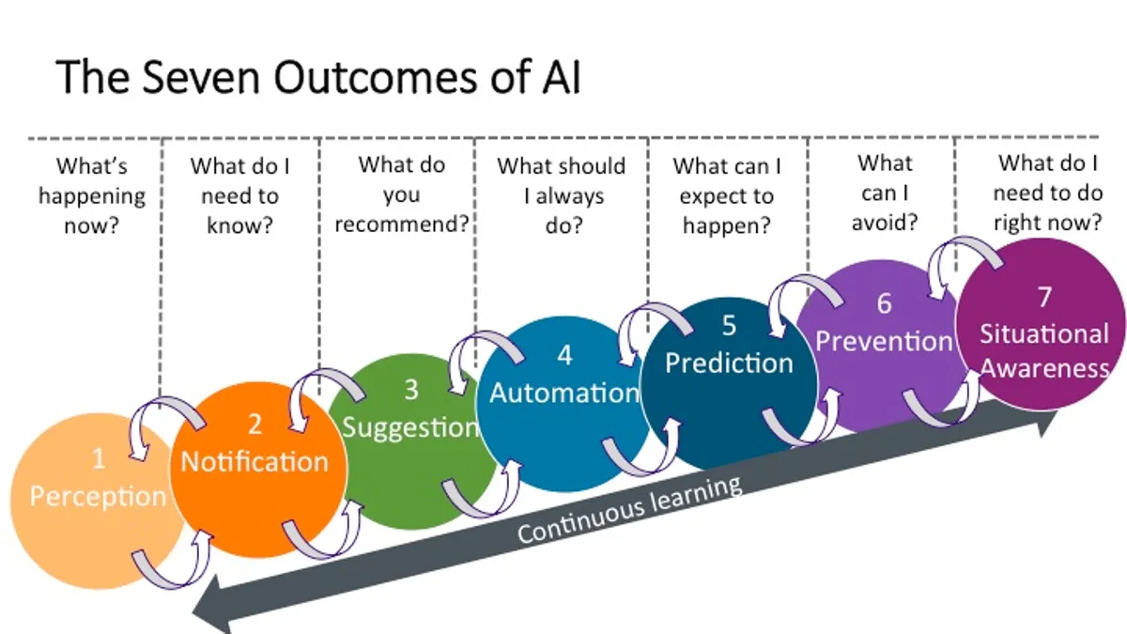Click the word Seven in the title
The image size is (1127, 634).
201,77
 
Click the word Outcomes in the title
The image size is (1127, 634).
375,77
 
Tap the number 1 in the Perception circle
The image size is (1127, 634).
99,459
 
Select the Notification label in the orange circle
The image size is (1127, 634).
255,462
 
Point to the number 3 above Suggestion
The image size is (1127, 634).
411,390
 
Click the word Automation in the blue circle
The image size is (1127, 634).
564,393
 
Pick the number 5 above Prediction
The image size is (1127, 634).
729,326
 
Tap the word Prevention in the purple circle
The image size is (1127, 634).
884,342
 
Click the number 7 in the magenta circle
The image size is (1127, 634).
1045,297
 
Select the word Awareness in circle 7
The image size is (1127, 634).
1044,369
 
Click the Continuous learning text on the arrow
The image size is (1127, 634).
629,509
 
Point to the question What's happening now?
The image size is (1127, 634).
92,195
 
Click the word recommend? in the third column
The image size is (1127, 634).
402,224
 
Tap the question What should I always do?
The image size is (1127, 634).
562,195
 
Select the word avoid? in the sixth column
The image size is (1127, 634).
885,222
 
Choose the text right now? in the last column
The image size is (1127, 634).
1048,223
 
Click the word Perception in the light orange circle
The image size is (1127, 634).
98,497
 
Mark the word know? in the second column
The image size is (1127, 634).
240,224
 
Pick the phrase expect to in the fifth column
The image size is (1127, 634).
727,196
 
